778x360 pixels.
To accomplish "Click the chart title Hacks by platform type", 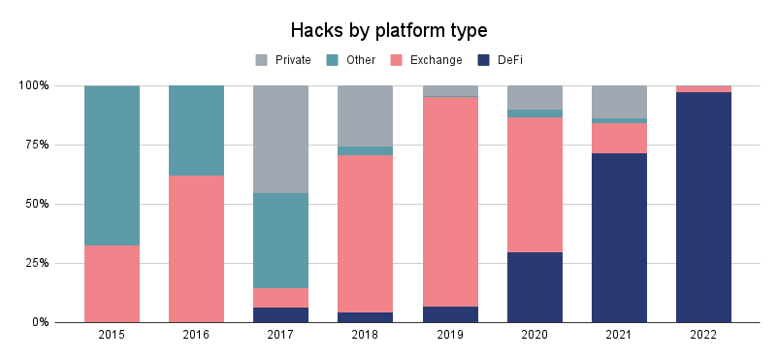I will (389, 28).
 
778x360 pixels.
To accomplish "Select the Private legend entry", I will (283, 60).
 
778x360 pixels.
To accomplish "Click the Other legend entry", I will (351, 60).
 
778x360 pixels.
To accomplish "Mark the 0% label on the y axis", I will (38, 322).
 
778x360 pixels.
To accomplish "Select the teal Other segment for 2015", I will (112, 165).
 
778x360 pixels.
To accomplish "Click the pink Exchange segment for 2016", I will (196, 248).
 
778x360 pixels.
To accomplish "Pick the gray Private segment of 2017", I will (280, 139).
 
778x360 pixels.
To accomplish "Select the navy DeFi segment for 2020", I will (535, 287).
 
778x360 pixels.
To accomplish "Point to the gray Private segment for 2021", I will (619, 102).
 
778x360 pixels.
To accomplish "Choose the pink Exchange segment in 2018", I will (365, 233).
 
